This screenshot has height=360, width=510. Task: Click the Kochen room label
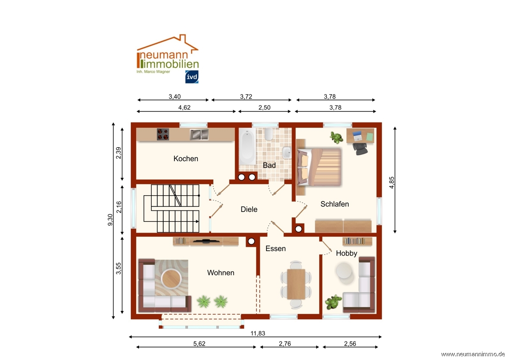pos(185,159)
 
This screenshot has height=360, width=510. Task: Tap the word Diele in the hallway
pos(249,209)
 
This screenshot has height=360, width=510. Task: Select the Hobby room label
pos(346,253)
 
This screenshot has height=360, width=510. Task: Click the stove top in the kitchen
pos(163,134)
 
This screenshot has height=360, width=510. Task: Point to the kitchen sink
pos(199,134)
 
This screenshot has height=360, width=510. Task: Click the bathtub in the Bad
pos(248,146)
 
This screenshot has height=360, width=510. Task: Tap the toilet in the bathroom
pos(269,134)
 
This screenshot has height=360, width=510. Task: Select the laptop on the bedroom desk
pos(357,136)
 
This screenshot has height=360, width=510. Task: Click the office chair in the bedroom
pos(360,149)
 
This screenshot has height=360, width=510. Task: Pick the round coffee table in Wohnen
pos(171,279)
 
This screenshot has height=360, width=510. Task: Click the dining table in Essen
pos(296,284)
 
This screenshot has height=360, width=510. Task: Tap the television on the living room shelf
pos(206,241)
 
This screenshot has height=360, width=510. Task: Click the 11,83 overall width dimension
pos(258,333)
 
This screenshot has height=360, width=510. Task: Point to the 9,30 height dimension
pos(110,220)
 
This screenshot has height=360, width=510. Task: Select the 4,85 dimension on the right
pos(392,182)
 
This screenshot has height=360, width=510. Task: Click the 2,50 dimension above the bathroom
pos(264,107)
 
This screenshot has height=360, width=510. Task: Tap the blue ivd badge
pos(192,77)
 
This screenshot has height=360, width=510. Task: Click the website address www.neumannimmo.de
pos(473,354)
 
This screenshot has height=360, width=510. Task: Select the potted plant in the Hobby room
pos(334,302)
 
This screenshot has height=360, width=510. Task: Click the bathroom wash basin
pos(287,152)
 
